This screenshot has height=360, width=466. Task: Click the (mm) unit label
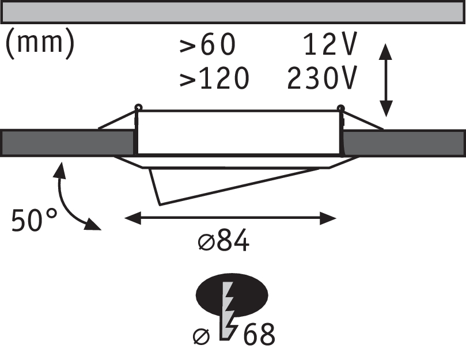(x=40, y=45)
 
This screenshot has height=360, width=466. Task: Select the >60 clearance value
(x=208, y=46)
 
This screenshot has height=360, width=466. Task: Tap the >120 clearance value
(x=214, y=78)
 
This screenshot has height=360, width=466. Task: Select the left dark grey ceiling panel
(x=68, y=142)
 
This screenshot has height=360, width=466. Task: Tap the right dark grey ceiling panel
(x=403, y=142)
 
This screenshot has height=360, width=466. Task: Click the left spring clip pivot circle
(x=138, y=107)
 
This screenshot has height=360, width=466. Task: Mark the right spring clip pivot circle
(x=340, y=107)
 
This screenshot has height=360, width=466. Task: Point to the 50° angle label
(x=35, y=220)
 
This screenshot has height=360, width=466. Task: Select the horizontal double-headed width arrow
(x=230, y=218)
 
